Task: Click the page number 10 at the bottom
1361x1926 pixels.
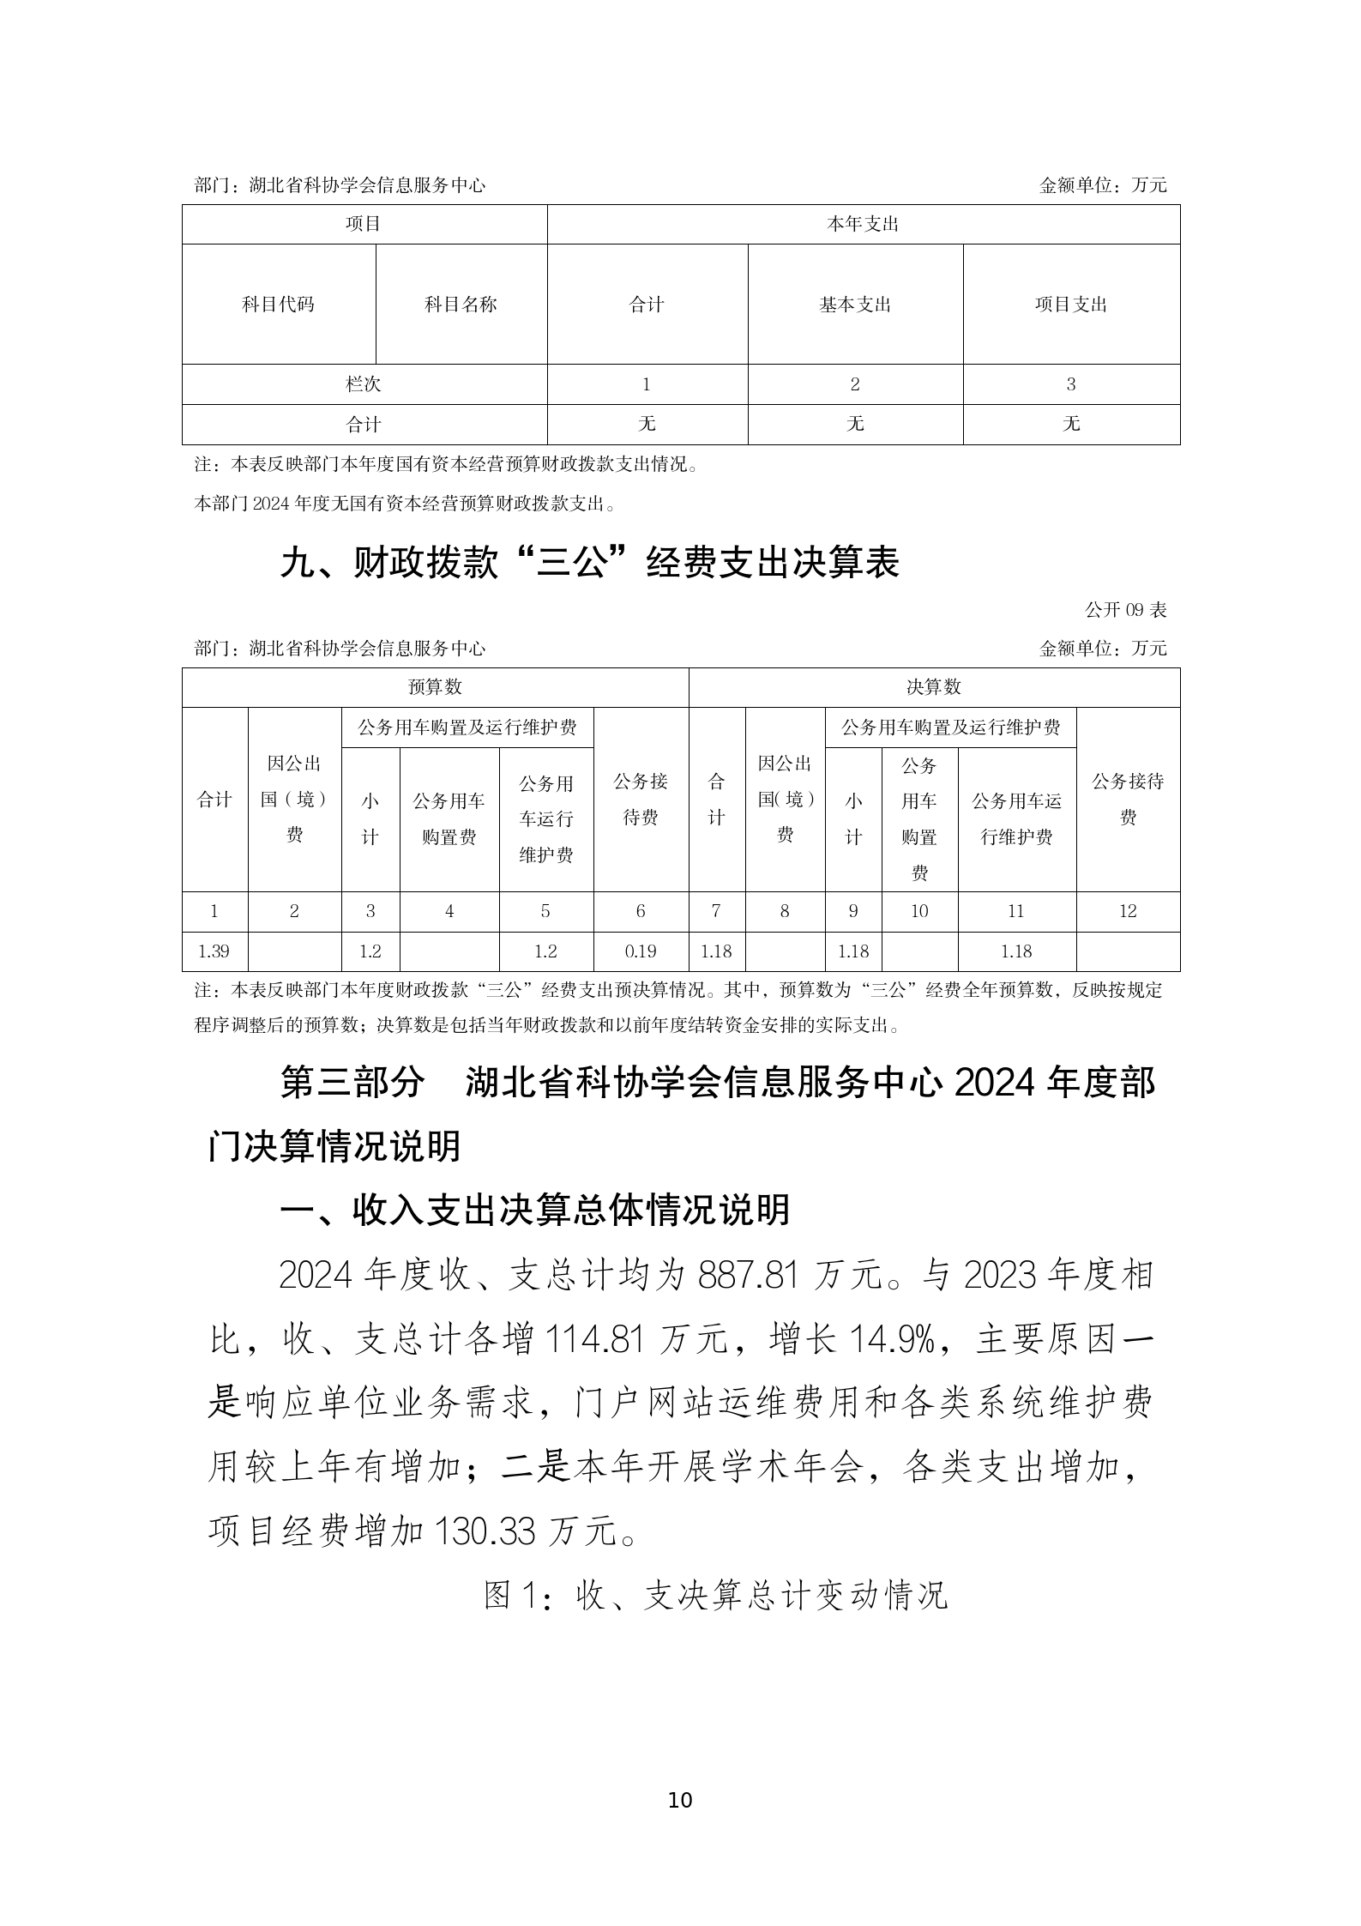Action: click(x=679, y=1800)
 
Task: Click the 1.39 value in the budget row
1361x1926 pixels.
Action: click(x=214, y=951)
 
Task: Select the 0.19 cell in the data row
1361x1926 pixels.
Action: click(x=640, y=951)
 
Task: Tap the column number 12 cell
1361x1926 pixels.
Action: click(x=1127, y=911)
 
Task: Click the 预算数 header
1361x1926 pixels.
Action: click(x=435, y=687)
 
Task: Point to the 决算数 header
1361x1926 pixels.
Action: click(x=933, y=687)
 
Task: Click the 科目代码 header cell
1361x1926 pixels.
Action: click(x=278, y=305)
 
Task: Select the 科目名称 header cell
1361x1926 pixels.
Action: click(x=461, y=305)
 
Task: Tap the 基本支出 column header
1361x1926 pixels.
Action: click(x=855, y=305)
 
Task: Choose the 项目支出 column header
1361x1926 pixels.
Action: click(x=1071, y=305)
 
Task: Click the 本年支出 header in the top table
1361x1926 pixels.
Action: click(x=863, y=225)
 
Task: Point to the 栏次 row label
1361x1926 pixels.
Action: click(x=364, y=384)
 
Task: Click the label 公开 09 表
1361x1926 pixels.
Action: click(x=1125, y=610)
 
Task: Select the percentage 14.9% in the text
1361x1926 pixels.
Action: click(x=891, y=1340)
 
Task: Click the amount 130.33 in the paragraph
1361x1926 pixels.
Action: click(x=485, y=1531)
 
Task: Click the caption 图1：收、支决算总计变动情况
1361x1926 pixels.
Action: click(x=715, y=1595)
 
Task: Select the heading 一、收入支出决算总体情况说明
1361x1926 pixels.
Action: click(x=535, y=1210)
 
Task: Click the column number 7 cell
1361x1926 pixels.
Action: click(x=716, y=911)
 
